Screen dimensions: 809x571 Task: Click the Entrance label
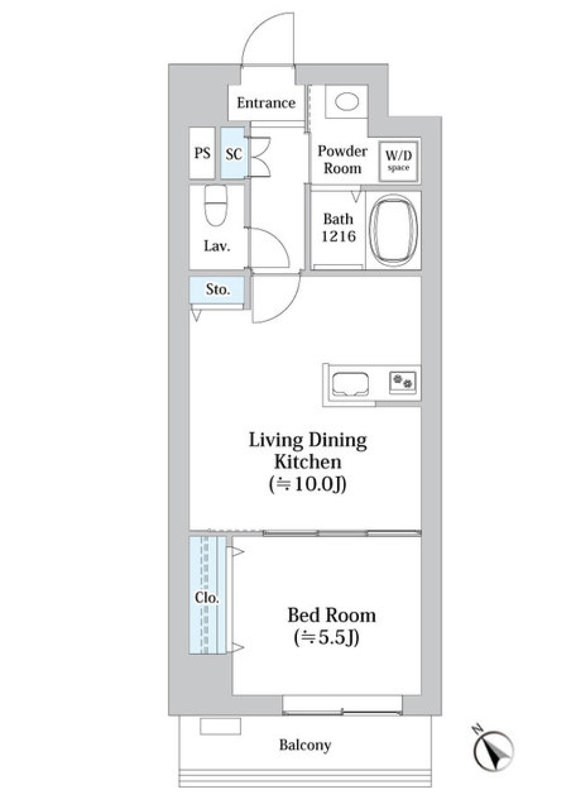(266, 103)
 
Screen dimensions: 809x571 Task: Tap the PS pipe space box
(202, 153)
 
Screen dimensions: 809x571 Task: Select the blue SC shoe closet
(233, 153)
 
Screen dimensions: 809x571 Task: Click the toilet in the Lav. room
(215, 205)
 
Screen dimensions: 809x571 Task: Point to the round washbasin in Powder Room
(347, 102)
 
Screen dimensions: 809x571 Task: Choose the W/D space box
(399, 160)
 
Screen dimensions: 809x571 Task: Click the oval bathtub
(393, 229)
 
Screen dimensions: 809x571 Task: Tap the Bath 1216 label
(338, 228)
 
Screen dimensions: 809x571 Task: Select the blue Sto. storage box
(217, 290)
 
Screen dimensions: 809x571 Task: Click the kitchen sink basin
(350, 384)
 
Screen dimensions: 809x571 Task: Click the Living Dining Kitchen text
(308, 451)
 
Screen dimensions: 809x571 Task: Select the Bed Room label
(331, 615)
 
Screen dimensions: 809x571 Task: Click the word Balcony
(305, 745)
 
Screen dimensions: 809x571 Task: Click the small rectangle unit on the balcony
(220, 726)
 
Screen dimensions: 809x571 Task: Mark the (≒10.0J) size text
(308, 485)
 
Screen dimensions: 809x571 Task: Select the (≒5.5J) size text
(327, 638)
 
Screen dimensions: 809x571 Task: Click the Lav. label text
(217, 246)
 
